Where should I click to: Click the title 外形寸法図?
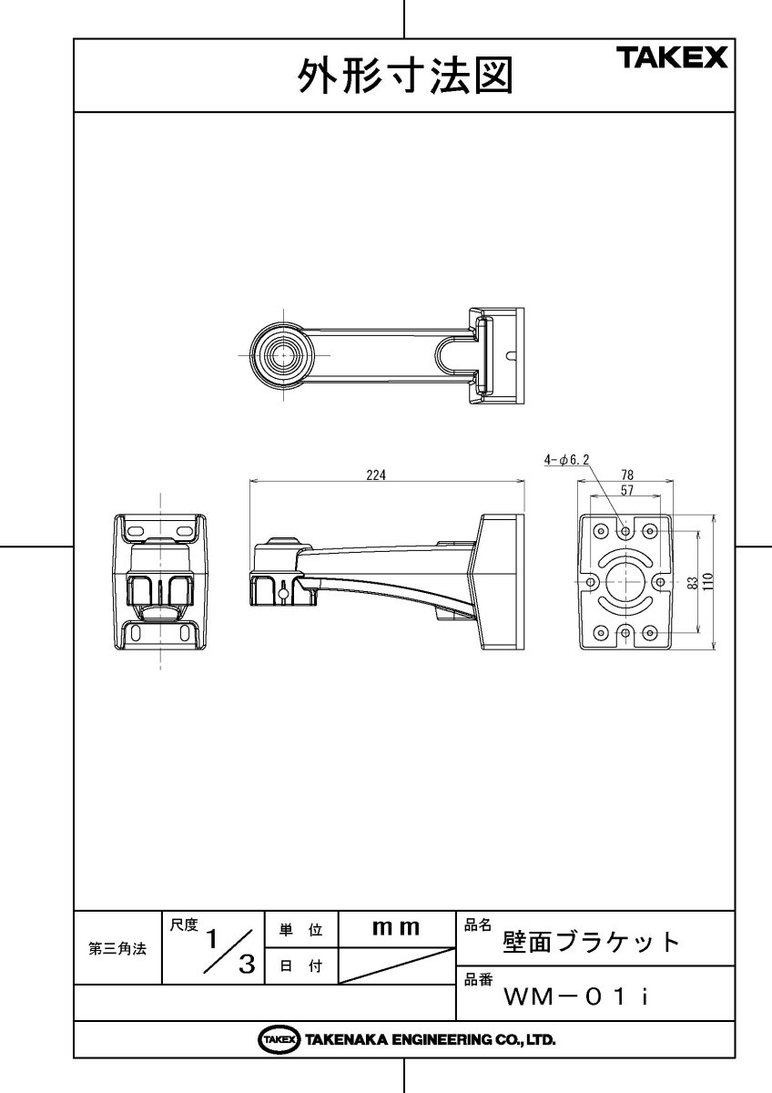(x=405, y=77)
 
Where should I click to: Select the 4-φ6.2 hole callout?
(x=567, y=462)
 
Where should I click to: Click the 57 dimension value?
(x=625, y=490)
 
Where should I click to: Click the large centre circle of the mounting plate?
(x=625, y=581)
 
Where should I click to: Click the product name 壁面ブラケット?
(x=592, y=941)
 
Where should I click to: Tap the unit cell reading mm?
(x=396, y=928)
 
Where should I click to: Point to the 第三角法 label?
(x=117, y=948)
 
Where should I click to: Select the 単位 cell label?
(x=300, y=930)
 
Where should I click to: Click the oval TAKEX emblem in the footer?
(x=279, y=1039)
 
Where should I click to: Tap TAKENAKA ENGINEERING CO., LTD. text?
(x=430, y=1039)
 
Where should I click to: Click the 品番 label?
(x=478, y=980)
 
